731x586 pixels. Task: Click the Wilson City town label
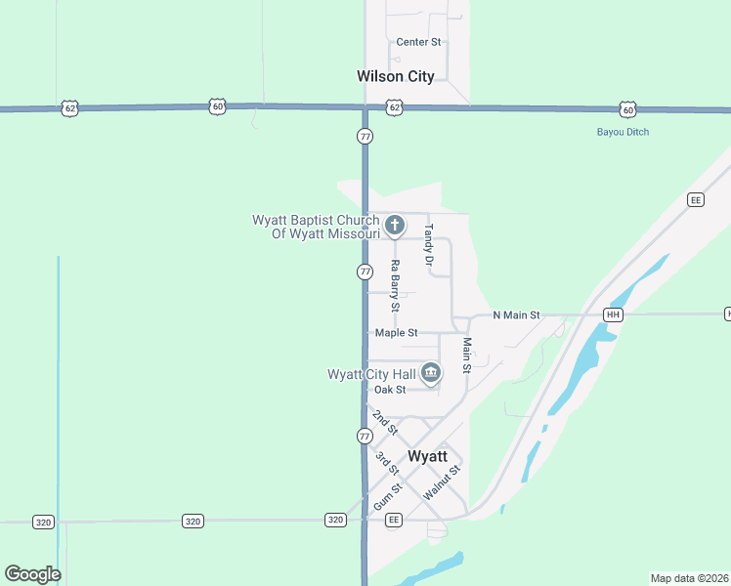click(x=395, y=76)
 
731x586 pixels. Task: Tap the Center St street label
click(x=418, y=42)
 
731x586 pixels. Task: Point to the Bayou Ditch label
click(x=623, y=132)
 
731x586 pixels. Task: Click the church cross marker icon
click(x=395, y=227)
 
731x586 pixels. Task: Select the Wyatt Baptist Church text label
click(x=316, y=227)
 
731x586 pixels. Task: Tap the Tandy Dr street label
click(x=428, y=245)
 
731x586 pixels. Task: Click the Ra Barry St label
click(x=395, y=285)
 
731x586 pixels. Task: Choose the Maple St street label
click(x=396, y=333)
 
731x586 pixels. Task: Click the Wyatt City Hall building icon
click(x=431, y=373)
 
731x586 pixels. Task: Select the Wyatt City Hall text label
click(x=371, y=374)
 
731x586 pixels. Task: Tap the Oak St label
click(x=389, y=390)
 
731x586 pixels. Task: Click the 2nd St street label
click(x=385, y=423)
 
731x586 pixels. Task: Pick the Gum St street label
click(x=387, y=497)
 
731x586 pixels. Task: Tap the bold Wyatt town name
click(x=427, y=456)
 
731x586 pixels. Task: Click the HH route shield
click(x=613, y=314)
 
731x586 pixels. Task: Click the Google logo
click(x=32, y=574)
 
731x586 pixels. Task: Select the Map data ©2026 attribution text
click(x=690, y=578)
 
